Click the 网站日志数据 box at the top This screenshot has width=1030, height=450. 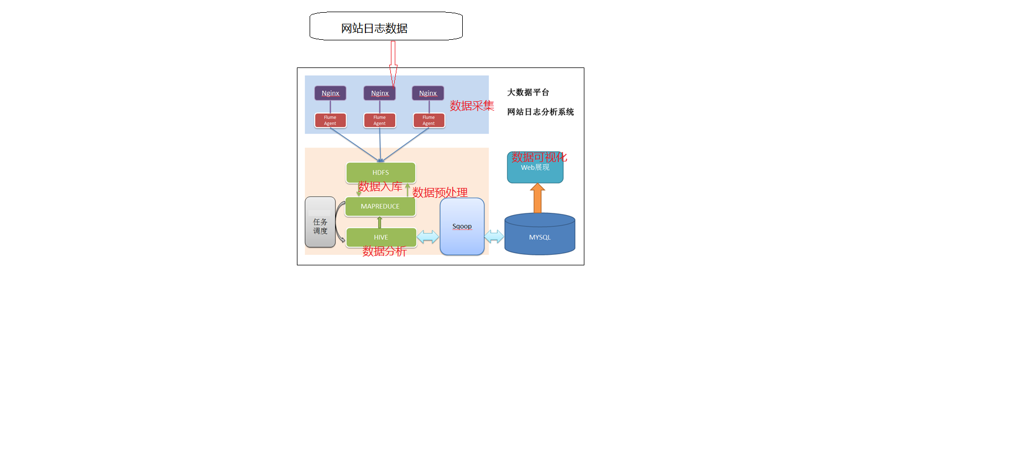click(385, 27)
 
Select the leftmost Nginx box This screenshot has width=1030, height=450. click(330, 93)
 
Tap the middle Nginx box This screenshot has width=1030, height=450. click(379, 93)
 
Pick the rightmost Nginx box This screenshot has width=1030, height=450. click(427, 93)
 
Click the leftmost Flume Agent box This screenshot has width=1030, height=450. click(330, 120)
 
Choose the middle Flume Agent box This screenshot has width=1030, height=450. click(379, 120)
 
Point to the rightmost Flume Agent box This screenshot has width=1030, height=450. click(428, 120)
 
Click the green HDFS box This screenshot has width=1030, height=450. click(380, 172)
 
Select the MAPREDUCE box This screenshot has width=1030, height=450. click(380, 206)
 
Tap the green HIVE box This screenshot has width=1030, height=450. click(381, 237)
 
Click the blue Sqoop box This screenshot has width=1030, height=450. click(462, 227)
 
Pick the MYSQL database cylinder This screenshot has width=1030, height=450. click(540, 235)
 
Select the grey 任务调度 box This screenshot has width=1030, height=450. click(320, 222)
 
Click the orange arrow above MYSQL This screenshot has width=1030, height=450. click(537, 198)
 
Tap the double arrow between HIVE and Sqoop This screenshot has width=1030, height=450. click(427, 237)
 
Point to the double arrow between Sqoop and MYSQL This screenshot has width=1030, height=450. click(494, 237)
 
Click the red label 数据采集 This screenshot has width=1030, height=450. click(472, 106)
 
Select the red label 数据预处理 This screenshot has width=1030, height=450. click(440, 192)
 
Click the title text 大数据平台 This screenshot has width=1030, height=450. click(528, 92)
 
